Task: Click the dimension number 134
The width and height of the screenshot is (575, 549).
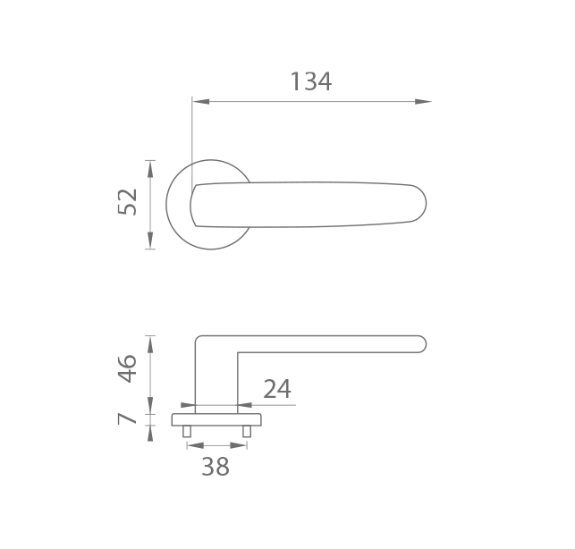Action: (311, 81)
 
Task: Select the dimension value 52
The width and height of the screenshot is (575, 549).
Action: (127, 202)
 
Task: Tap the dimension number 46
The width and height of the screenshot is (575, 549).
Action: (127, 368)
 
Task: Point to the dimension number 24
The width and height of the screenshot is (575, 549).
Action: (277, 389)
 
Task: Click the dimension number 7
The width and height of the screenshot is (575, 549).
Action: (127, 418)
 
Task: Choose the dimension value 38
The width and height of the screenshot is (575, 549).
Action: (216, 467)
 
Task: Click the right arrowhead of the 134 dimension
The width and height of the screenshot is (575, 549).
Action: (423, 102)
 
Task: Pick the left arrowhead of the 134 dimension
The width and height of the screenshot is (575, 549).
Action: (200, 102)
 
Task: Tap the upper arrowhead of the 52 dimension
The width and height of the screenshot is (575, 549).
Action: (150, 169)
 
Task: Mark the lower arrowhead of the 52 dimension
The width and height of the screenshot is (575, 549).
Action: (150, 241)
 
